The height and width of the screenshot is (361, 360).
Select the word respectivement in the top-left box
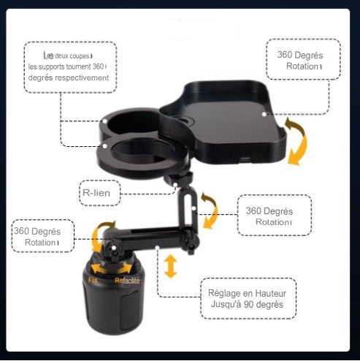tap(81, 77)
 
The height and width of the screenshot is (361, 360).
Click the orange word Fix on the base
tap(93, 280)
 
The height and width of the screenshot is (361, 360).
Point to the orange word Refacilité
tap(127, 280)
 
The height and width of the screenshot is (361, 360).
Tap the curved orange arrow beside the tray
tap(297, 140)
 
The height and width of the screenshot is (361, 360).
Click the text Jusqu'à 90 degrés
tap(248, 304)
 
